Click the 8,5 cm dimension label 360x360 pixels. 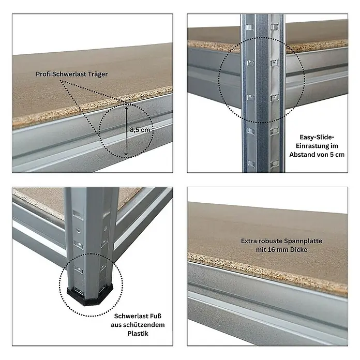[140, 130]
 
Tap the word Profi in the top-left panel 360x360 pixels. [43, 74]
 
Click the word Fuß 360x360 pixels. [155, 316]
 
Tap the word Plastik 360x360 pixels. [138, 334]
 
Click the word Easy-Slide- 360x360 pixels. [317, 137]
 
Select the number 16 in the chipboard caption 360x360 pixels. [271, 250]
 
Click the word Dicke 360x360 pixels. [298, 250]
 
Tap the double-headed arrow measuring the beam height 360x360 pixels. [126, 130]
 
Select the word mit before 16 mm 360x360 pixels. [261, 250]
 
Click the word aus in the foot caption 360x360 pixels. [116, 325]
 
